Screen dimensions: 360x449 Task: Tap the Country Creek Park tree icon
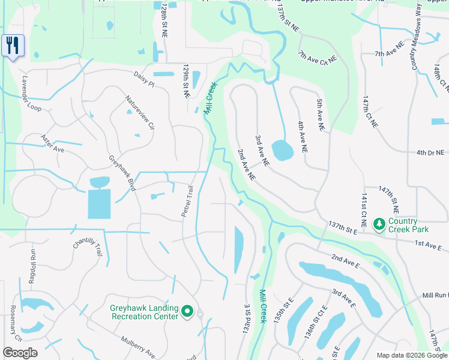click(379, 224)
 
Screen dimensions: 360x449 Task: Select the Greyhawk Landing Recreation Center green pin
click(187, 311)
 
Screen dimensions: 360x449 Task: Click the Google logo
click(20, 352)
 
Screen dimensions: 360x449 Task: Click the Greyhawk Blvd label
click(122, 174)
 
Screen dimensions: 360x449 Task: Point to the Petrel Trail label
click(188, 201)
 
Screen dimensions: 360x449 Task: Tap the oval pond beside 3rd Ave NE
click(282, 150)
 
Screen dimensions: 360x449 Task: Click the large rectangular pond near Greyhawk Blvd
click(99, 203)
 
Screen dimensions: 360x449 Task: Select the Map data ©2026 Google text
click(411, 355)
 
